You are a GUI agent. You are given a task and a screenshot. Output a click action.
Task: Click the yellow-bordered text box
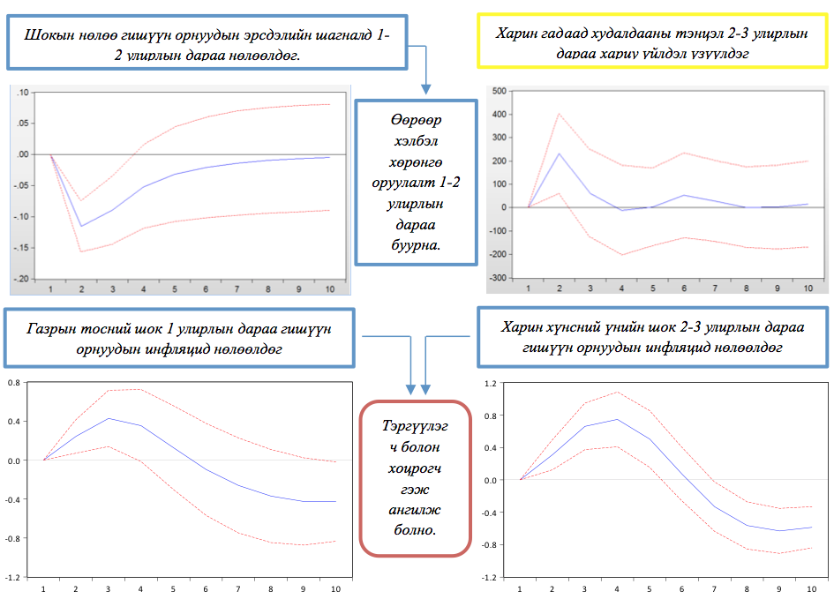pos(653,41)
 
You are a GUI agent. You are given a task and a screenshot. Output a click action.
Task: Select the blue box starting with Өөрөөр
pos(415,182)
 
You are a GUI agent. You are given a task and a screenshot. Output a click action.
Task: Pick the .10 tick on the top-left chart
pos(22,92)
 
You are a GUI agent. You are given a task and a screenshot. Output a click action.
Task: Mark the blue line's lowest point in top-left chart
pos(82,227)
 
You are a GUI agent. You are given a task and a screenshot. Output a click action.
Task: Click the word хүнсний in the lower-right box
pos(564,327)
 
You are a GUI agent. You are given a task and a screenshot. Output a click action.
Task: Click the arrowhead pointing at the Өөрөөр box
pos(425,89)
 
